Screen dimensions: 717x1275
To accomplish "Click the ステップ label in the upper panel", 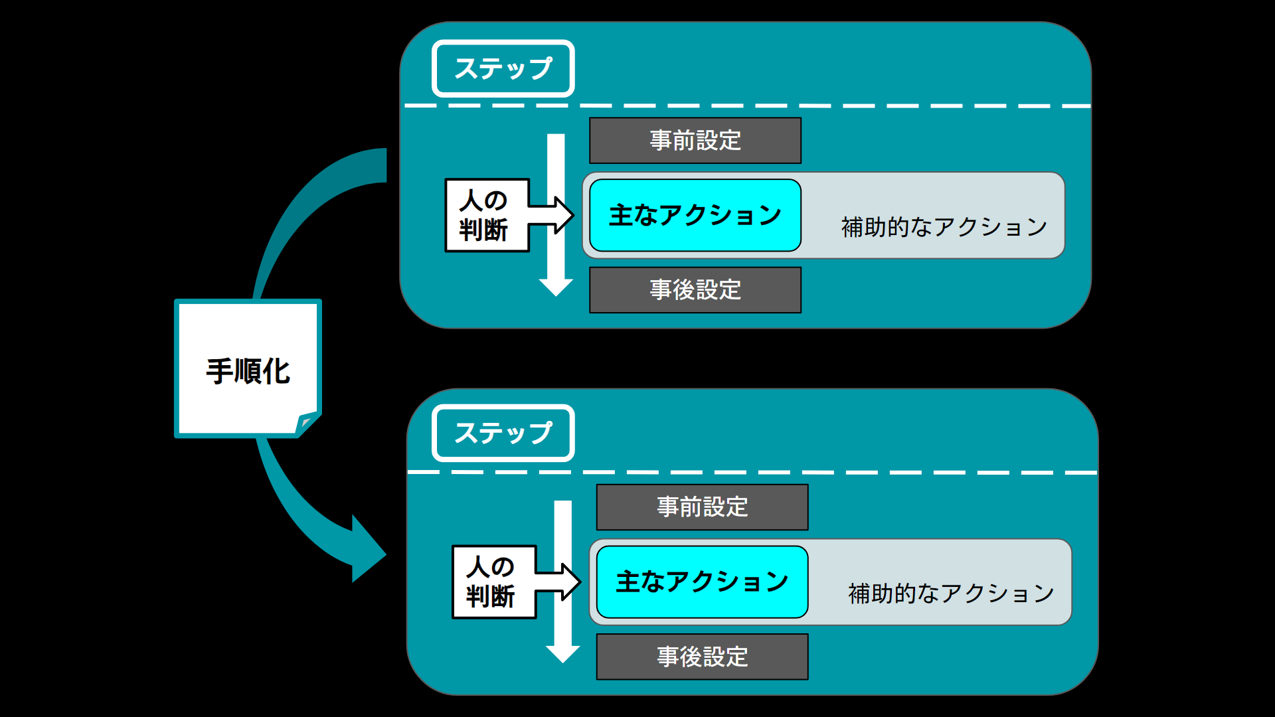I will coord(503,68).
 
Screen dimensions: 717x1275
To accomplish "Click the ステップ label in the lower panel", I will coord(503,433).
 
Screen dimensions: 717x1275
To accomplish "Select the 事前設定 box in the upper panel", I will coord(695,141).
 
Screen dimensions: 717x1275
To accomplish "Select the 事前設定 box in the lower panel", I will coord(702,507).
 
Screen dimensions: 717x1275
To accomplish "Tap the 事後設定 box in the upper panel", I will coord(695,290).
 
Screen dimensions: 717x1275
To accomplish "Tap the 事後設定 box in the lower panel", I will coord(702,657).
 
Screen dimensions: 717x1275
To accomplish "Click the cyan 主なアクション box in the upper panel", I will coord(695,215).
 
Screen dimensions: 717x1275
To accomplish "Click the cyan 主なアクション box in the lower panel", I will coord(702,582).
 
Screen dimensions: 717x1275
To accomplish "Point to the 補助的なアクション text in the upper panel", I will coord(944,227).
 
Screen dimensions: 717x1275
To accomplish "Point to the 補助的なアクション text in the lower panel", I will coord(950,594).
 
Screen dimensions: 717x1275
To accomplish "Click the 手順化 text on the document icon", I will coord(248,370).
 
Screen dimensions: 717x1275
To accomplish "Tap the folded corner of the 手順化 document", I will coord(307,422).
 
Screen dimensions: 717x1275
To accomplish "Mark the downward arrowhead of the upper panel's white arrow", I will coord(556,287).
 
